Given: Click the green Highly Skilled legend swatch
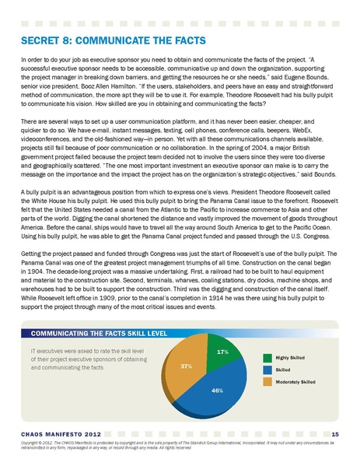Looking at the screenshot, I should coord(269,356).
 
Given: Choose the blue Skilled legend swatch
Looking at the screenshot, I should coord(269,369).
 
